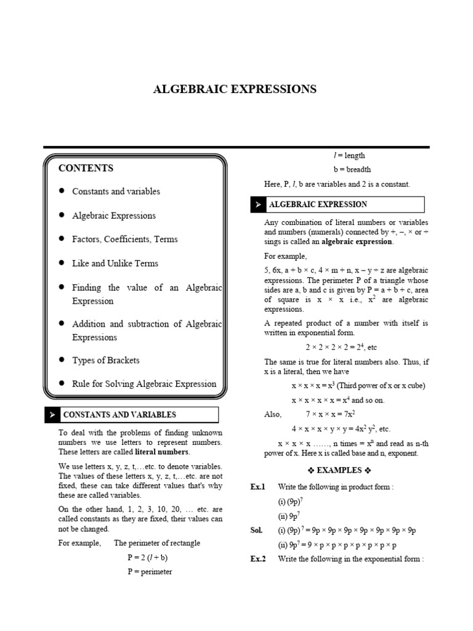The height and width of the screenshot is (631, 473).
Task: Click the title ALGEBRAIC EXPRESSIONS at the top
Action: point(235,89)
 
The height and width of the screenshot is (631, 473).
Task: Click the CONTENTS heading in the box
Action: point(86,168)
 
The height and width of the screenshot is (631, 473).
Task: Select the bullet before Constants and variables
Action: point(62,191)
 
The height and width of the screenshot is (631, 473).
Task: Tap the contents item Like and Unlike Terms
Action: point(115,263)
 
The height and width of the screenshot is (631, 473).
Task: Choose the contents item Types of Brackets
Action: point(106,360)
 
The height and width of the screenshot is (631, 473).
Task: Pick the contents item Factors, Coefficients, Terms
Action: point(124,239)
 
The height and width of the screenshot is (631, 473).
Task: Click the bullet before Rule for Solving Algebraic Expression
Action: point(62,383)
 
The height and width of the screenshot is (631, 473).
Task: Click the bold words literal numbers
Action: point(162,452)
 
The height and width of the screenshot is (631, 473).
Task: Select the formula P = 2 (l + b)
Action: point(147,557)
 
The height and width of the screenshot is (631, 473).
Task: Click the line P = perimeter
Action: point(150,571)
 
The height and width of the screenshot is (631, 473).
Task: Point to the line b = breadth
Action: point(352,169)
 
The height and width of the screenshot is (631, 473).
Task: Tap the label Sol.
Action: point(256,530)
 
